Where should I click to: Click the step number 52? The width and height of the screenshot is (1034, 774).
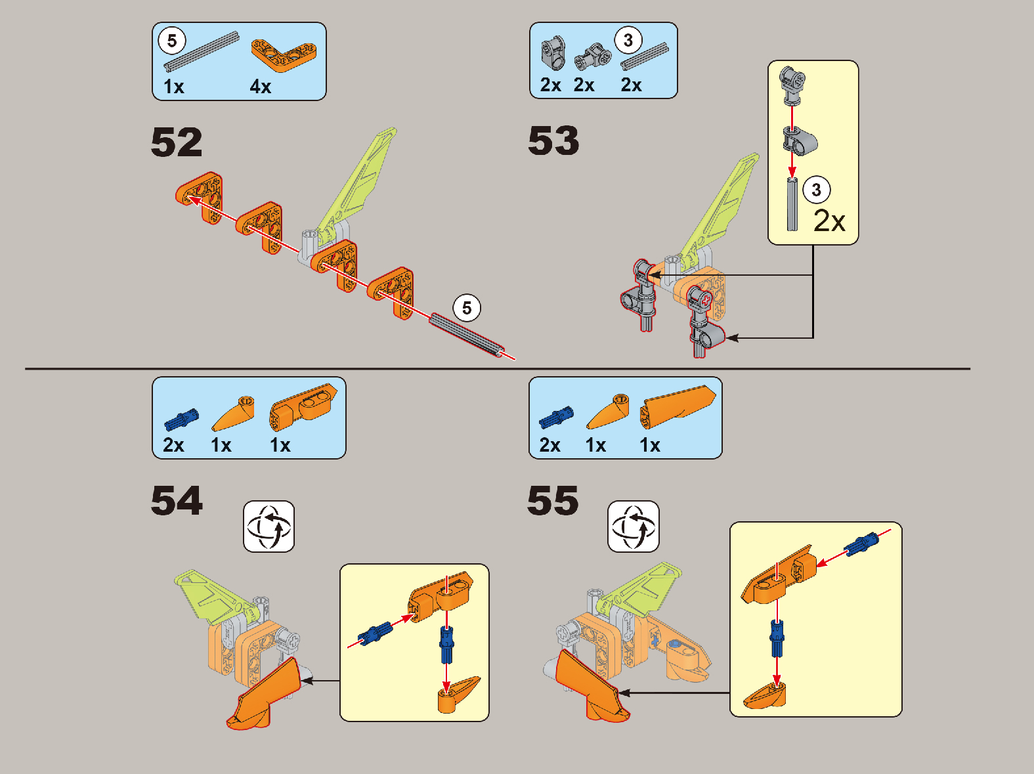177,142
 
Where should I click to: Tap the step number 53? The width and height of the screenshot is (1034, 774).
553,140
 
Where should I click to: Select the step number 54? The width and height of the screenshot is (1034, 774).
177,500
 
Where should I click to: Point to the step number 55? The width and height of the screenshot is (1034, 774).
553,500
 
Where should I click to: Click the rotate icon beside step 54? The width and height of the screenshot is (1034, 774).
269,527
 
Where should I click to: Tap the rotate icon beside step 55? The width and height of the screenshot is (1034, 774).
633,527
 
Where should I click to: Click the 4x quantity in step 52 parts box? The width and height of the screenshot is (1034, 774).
261,87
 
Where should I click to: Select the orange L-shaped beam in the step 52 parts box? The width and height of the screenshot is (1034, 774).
284,55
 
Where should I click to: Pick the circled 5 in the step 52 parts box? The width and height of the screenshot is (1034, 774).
172,41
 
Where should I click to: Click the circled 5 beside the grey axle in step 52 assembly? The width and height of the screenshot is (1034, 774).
466,308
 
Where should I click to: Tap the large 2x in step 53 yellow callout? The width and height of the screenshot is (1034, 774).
829,221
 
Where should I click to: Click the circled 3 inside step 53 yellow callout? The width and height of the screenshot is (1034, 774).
816,190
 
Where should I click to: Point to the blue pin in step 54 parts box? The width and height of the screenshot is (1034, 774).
181,419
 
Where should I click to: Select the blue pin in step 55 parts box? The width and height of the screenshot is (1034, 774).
556,417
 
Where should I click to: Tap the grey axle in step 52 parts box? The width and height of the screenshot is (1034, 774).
201,51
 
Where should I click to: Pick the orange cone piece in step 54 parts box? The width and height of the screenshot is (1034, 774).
232,414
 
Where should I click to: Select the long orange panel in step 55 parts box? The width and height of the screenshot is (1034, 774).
677,406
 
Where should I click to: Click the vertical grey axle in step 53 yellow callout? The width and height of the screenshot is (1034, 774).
792,204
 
